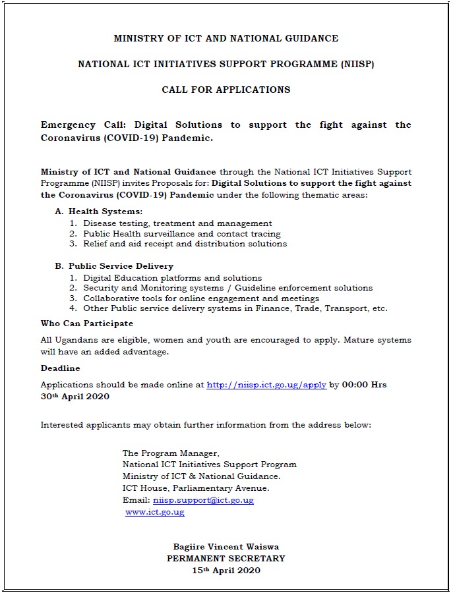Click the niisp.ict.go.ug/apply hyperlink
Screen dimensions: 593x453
266,385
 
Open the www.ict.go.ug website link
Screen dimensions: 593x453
155,512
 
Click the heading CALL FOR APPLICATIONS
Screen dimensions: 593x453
226,90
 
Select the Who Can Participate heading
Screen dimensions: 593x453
86,324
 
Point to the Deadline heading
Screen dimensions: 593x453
60,368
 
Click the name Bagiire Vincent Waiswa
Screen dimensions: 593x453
226,547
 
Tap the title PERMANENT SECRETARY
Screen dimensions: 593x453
226,558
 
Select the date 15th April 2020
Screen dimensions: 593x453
226,569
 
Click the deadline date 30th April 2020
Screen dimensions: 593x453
75,397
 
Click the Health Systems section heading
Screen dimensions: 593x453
105,212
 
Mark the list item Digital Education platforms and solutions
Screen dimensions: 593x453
172,278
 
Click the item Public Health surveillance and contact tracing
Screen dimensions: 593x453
181,234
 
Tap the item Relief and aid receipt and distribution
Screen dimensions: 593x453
185,244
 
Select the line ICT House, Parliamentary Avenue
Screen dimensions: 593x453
196,488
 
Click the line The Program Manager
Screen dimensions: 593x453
170,453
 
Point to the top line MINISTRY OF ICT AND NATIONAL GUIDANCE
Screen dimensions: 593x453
226,38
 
